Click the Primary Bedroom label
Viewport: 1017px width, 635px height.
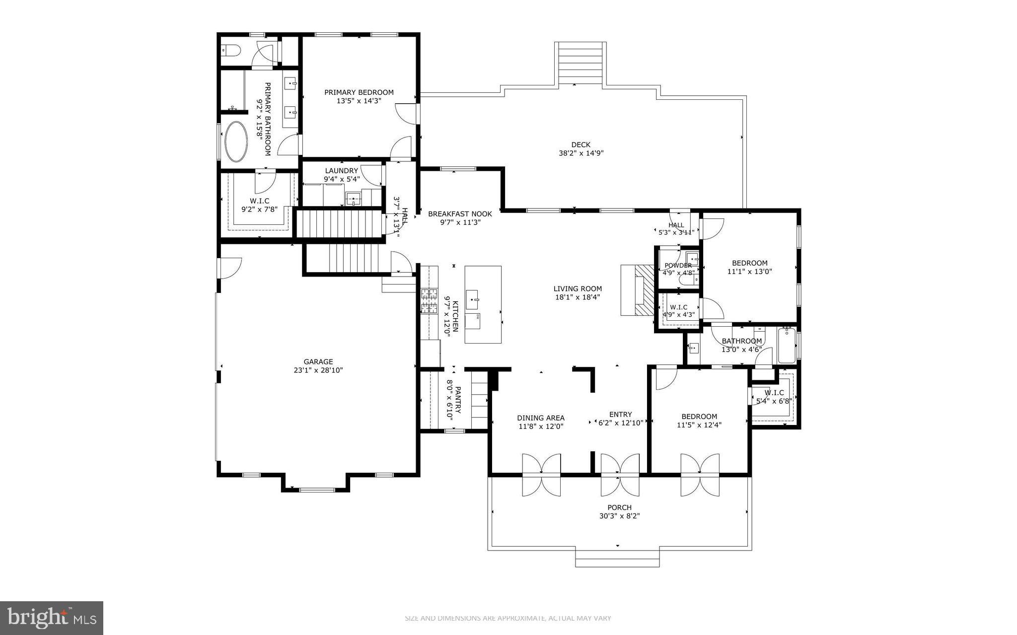coord(359,92)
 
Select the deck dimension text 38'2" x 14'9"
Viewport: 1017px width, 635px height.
coord(581,153)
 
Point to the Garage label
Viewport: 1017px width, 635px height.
coord(318,361)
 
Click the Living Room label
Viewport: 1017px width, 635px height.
coord(578,288)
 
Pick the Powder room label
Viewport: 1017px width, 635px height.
coord(678,265)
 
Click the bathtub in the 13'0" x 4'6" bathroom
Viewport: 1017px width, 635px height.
coord(787,346)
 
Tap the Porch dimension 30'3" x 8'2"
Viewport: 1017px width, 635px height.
coord(619,516)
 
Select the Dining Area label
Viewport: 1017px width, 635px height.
coord(541,418)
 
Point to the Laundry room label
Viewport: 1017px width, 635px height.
coord(341,171)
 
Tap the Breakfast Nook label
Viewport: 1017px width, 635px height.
coord(460,214)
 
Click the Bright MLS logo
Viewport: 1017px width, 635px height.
coord(52,618)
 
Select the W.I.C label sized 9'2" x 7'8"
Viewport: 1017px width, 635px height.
coord(259,201)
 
